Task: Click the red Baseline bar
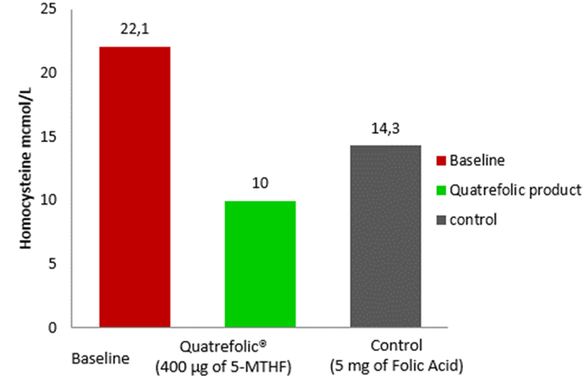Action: pos(135,187)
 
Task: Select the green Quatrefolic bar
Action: pos(260,264)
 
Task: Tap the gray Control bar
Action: pos(385,236)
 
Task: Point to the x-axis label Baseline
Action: pos(100,358)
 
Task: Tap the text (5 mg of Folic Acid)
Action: pos(398,366)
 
